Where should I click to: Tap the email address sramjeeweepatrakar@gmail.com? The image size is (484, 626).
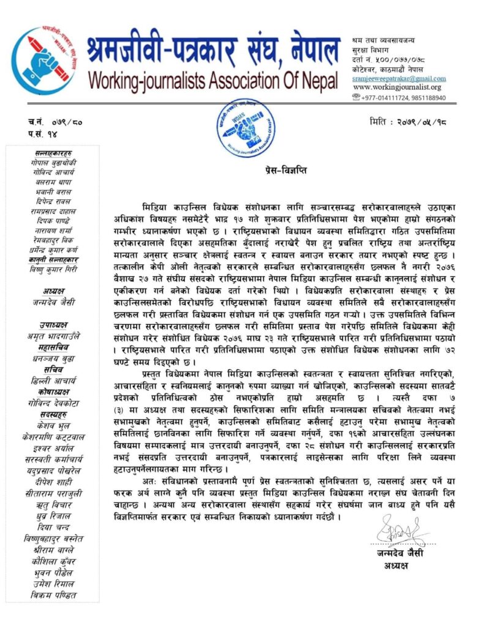point(399,78)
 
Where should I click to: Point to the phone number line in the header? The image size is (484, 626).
point(403,98)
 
